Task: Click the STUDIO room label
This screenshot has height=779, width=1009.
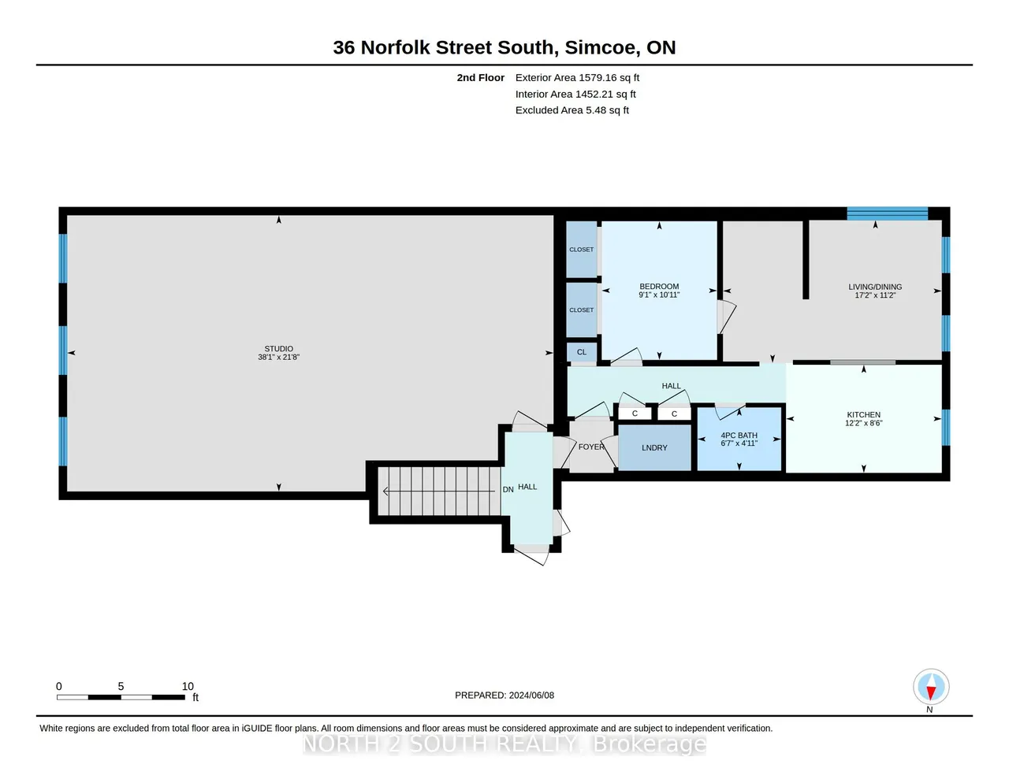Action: pos(278,348)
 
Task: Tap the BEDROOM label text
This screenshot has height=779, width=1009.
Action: pos(659,287)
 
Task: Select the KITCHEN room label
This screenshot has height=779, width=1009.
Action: pos(863,415)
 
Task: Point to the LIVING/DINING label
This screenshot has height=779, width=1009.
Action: pos(875,287)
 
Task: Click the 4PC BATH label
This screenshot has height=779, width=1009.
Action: pos(739,436)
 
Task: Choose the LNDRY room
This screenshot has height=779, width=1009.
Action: pos(654,447)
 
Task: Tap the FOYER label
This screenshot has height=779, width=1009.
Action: pos(591,447)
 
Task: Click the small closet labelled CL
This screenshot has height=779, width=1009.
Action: pos(581,352)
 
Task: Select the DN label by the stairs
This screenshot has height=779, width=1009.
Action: pos(508,489)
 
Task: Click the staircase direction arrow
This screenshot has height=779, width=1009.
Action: pos(439,491)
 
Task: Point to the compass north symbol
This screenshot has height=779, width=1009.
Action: pos(931,687)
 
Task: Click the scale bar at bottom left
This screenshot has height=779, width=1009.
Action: pos(121,697)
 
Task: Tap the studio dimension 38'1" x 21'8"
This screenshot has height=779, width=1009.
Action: pos(278,358)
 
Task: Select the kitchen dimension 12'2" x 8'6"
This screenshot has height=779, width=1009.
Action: pos(863,423)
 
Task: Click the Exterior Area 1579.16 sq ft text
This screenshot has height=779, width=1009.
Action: pos(577,78)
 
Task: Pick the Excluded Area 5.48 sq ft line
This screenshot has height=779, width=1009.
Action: pos(572,110)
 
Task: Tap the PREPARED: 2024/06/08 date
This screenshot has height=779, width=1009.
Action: pos(504,696)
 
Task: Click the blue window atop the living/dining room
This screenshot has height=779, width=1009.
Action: pos(888,213)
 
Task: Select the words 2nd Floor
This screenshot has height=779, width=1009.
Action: pos(481,78)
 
